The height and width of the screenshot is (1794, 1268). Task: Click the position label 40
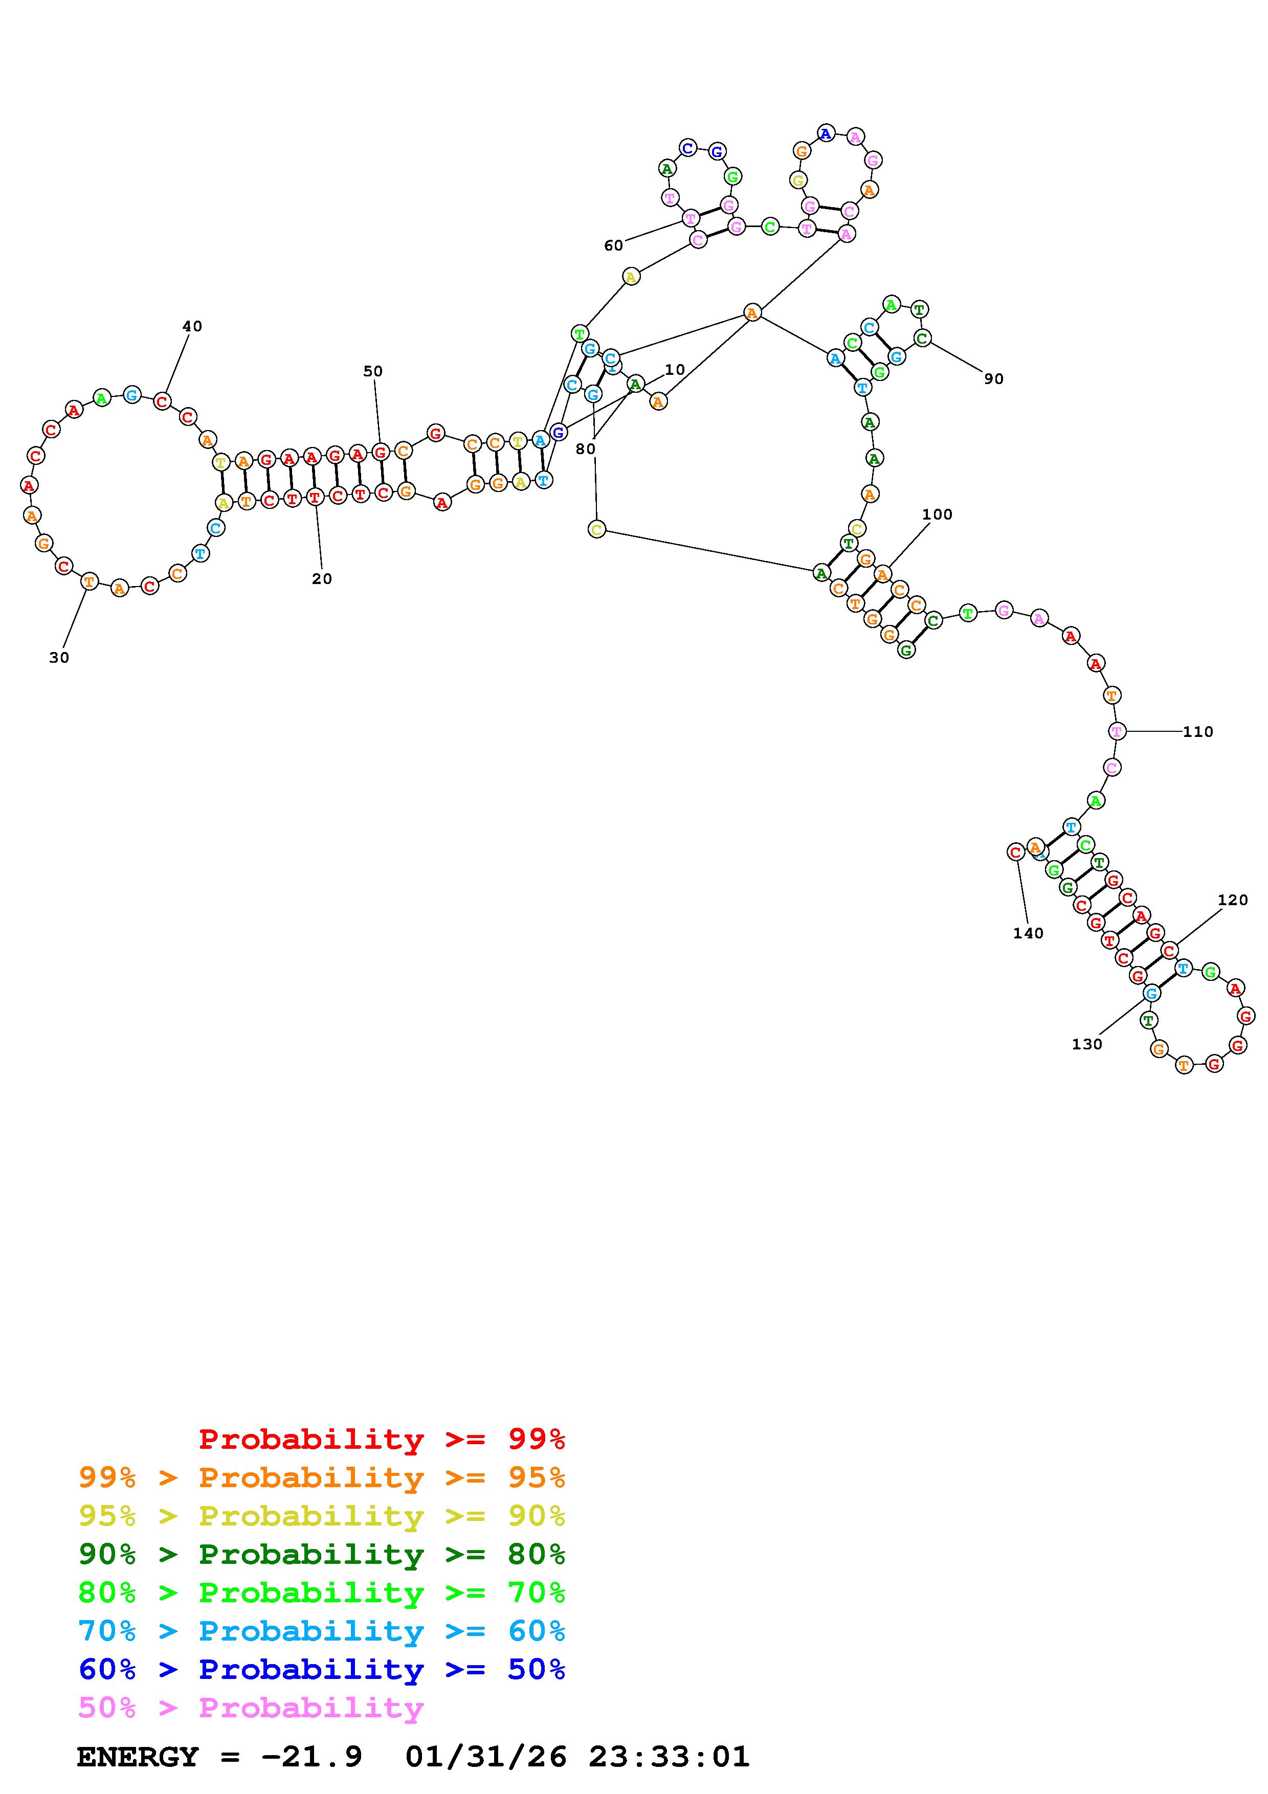192,327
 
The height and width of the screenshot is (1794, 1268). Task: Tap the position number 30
59,658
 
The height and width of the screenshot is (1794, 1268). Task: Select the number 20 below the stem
322,579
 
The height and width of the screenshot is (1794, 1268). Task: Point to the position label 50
373,371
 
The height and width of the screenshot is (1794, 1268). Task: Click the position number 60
613,246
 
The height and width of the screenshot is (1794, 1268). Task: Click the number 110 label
1198,732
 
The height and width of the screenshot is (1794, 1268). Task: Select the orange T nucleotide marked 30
90,581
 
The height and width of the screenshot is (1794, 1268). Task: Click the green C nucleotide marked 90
922,339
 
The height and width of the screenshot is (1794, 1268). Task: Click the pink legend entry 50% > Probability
251,1708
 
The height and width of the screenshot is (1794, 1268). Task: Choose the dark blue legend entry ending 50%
322,1670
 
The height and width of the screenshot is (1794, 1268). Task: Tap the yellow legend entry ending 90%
322,1517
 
